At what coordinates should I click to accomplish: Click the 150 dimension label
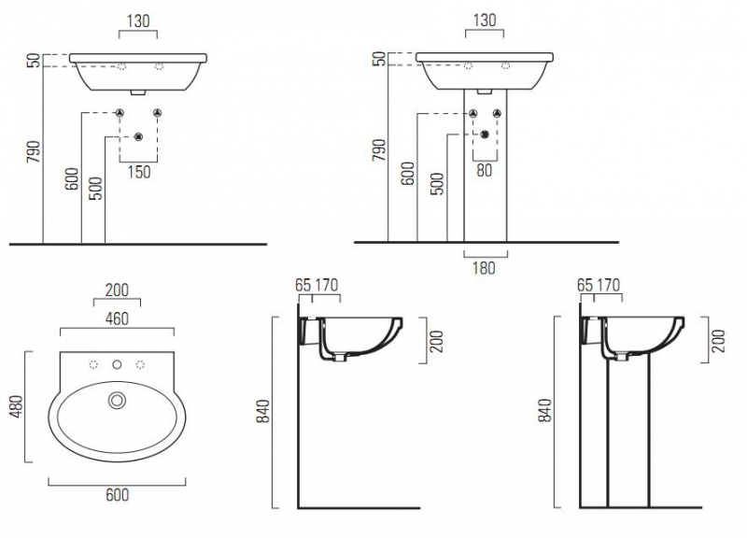click(139, 172)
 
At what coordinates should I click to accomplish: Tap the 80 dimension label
click(484, 170)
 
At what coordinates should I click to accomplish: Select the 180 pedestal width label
click(484, 268)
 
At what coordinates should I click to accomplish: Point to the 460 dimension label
click(117, 319)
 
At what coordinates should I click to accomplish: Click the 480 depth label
click(17, 406)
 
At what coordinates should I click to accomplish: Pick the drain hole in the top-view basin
click(117, 401)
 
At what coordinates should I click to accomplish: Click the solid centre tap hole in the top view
click(117, 365)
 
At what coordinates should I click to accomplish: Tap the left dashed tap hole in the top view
click(94, 365)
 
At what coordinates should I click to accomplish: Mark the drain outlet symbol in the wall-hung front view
click(138, 136)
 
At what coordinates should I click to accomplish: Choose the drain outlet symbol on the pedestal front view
click(485, 134)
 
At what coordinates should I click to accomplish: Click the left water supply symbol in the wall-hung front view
click(120, 113)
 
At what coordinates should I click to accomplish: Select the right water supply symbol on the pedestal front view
click(497, 113)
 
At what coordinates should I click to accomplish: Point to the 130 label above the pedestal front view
click(485, 21)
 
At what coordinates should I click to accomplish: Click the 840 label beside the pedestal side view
click(544, 410)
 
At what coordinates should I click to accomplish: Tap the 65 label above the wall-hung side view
click(303, 286)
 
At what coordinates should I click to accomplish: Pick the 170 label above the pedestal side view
click(609, 286)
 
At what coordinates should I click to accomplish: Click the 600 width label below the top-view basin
click(118, 495)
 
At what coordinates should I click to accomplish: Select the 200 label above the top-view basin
click(117, 290)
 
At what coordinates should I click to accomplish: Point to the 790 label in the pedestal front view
click(379, 149)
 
